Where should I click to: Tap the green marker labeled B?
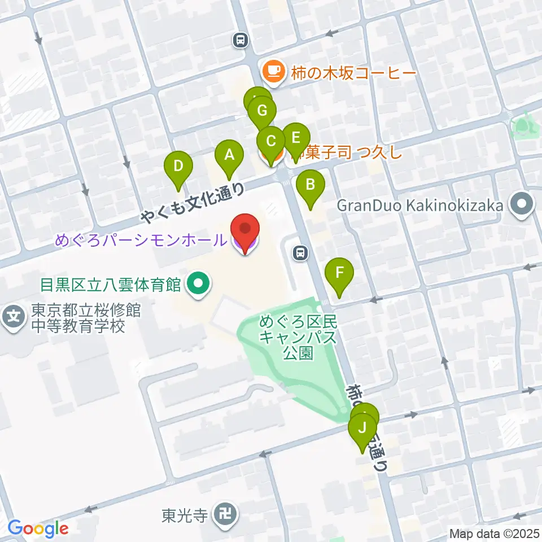(x=309, y=184)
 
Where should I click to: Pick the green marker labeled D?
(x=178, y=166)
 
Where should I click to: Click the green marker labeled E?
(x=296, y=137)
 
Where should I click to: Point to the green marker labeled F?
(x=339, y=272)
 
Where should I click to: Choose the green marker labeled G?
(x=262, y=110)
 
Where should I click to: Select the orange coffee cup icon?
(x=273, y=72)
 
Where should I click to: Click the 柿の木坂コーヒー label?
(x=353, y=73)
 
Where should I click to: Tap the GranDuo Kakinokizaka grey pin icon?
(x=522, y=206)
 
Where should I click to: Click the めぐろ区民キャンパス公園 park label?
(x=298, y=338)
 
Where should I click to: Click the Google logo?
(x=38, y=529)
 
